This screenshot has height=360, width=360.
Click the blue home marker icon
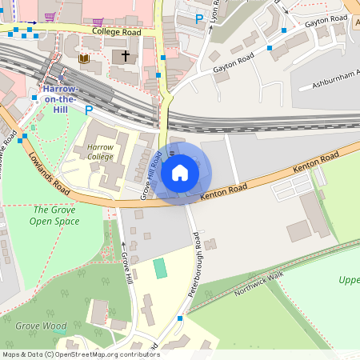(180, 172)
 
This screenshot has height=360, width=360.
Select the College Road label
(116, 32)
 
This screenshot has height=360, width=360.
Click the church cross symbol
(124, 57)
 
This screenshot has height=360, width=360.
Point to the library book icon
(84, 58)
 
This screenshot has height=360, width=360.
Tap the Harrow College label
(100, 152)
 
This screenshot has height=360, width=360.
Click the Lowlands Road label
(47, 169)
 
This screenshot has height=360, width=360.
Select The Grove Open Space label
(54, 215)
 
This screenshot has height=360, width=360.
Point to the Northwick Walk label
(259, 283)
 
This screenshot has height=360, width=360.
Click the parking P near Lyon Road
(199, 18)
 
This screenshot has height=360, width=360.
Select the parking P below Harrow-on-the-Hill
(89, 110)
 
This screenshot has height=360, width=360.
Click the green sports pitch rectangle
(161, 267)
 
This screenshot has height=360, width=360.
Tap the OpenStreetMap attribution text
(80, 354)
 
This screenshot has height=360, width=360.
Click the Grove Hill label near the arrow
(126, 269)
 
